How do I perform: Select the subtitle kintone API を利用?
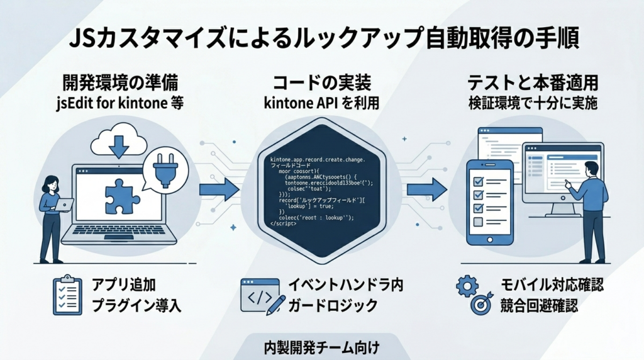pyautogui.click(x=322, y=103)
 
